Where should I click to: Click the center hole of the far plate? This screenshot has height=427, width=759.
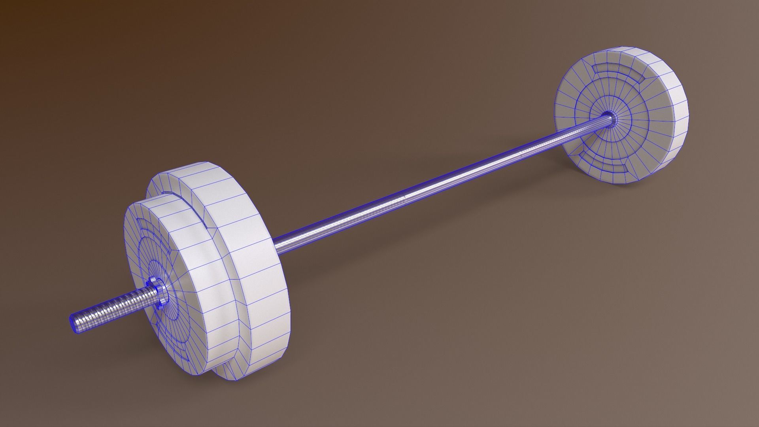[x=609, y=117]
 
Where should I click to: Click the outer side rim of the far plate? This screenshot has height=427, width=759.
[x=668, y=119]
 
